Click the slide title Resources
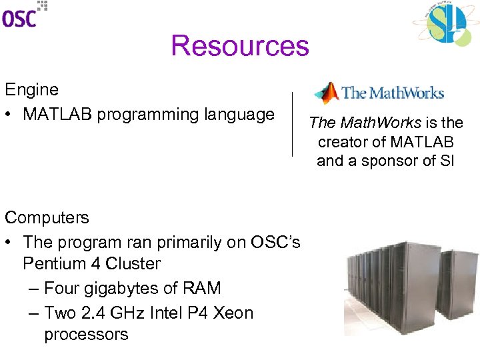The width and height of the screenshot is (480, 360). [240, 46]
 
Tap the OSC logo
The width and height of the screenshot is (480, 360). [24, 14]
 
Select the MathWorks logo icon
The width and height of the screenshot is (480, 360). [327, 93]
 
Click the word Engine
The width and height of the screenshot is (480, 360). [31, 89]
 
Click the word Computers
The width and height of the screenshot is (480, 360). [47, 217]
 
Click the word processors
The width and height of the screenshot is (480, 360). [86, 335]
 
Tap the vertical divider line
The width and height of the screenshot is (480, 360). [292, 123]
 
